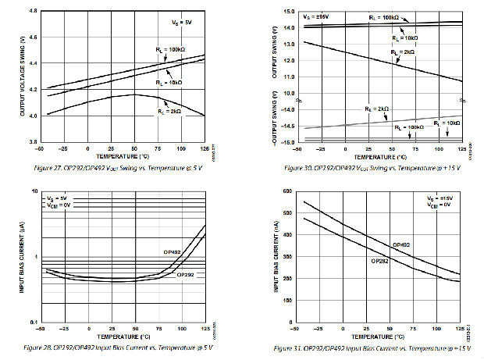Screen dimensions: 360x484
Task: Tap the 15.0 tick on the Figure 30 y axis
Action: coord(289,12)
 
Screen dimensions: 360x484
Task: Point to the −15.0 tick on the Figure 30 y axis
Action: coord(287,143)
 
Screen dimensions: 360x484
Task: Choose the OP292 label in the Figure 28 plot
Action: coord(187,275)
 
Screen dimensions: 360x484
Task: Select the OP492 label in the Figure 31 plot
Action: coord(401,244)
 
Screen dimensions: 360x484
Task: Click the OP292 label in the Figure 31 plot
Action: coord(380,262)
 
